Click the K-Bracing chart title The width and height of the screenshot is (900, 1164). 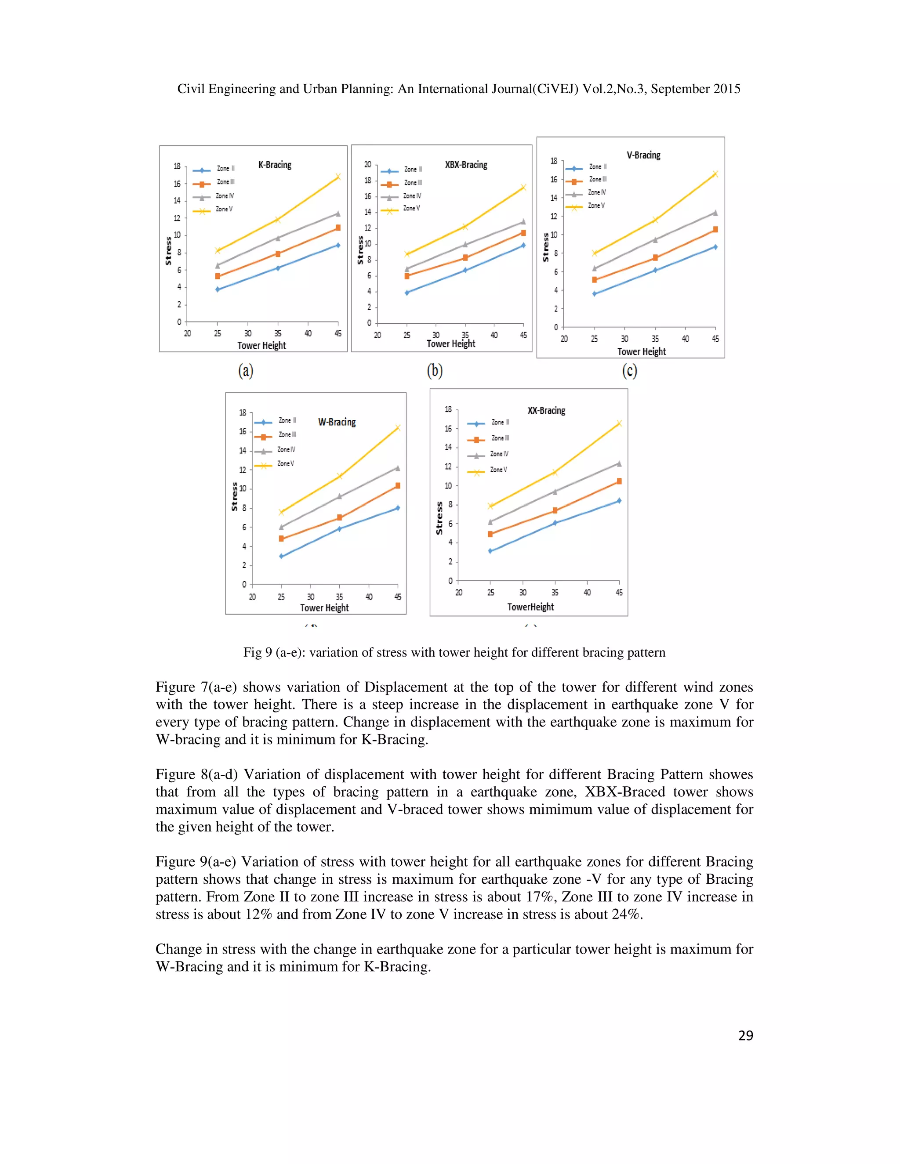click(x=275, y=165)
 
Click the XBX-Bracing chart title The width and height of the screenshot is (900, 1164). click(x=466, y=165)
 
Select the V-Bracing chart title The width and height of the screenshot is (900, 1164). click(x=643, y=155)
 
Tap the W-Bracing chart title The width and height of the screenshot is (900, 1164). click(x=337, y=422)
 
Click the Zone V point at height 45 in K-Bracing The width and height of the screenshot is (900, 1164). click(x=337, y=177)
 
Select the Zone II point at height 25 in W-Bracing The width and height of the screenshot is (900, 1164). click(x=281, y=556)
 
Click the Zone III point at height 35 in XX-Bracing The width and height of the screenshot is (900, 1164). click(x=555, y=510)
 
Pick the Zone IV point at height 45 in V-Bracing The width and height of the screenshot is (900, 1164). click(x=715, y=213)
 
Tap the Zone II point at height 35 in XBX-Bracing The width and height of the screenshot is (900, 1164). click(x=465, y=270)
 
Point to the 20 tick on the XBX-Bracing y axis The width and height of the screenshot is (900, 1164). click(x=367, y=164)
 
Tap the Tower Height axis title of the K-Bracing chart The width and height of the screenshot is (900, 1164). click(x=261, y=345)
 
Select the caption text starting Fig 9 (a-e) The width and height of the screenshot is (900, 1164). click(x=454, y=652)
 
